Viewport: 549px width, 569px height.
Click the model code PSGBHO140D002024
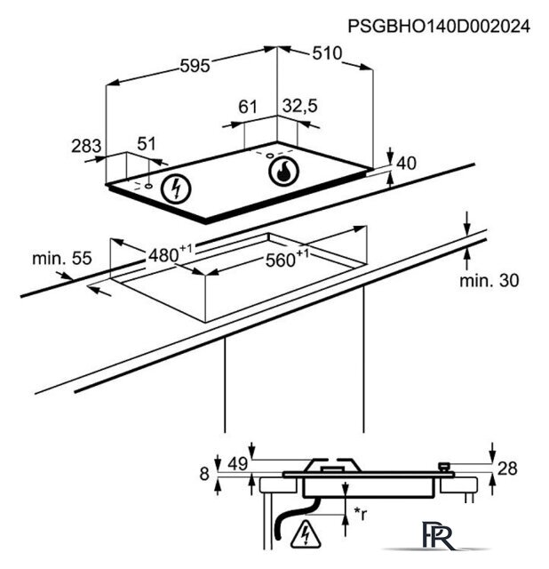coord(439,27)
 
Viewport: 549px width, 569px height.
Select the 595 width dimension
coord(195,66)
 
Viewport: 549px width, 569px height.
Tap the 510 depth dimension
coord(327,53)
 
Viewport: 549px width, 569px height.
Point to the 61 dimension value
coord(248,107)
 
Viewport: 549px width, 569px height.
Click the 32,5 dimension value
coord(300,106)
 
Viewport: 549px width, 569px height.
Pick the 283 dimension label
coord(86,146)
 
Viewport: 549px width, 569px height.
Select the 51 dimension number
coord(147,144)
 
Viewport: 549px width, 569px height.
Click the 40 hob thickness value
coord(407,164)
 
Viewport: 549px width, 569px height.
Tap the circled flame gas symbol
coord(284,172)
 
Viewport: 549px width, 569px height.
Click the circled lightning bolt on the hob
coord(176,188)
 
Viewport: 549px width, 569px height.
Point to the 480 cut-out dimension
coord(171,253)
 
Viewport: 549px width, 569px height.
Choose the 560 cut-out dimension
coord(287,258)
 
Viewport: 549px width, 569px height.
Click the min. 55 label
coord(62,258)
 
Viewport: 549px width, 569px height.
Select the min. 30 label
coord(489,281)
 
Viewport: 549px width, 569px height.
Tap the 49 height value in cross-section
coord(238,463)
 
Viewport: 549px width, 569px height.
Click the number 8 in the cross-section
coord(204,474)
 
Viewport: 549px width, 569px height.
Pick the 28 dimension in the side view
coord(507,469)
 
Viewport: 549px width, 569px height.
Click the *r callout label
coord(361,514)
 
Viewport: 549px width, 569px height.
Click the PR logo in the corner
coord(438,535)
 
